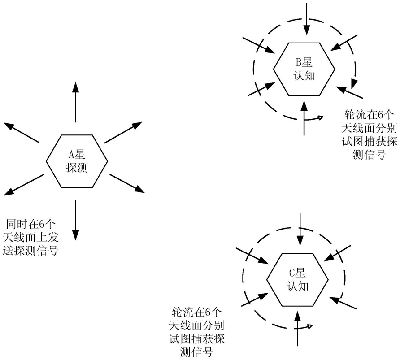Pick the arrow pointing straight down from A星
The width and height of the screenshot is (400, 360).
click(75, 220)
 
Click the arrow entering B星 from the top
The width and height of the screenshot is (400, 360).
click(306, 20)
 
